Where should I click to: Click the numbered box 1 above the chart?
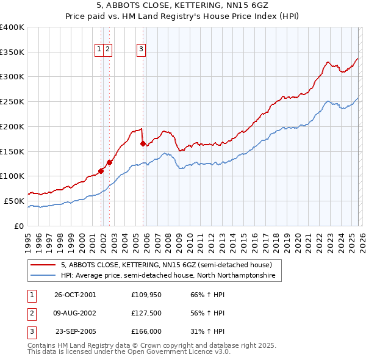click(99, 50)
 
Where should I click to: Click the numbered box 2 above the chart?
click(107, 50)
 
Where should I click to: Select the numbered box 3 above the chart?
click(141, 50)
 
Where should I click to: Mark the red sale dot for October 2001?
click(101, 171)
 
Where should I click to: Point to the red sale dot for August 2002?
click(109, 162)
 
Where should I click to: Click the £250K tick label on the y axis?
click(12, 102)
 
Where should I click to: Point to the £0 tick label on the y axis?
click(18, 226)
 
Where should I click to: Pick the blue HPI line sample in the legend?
click(45, 276)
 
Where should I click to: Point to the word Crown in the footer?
click(143, 345)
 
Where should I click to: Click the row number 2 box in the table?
click(31, 313)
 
